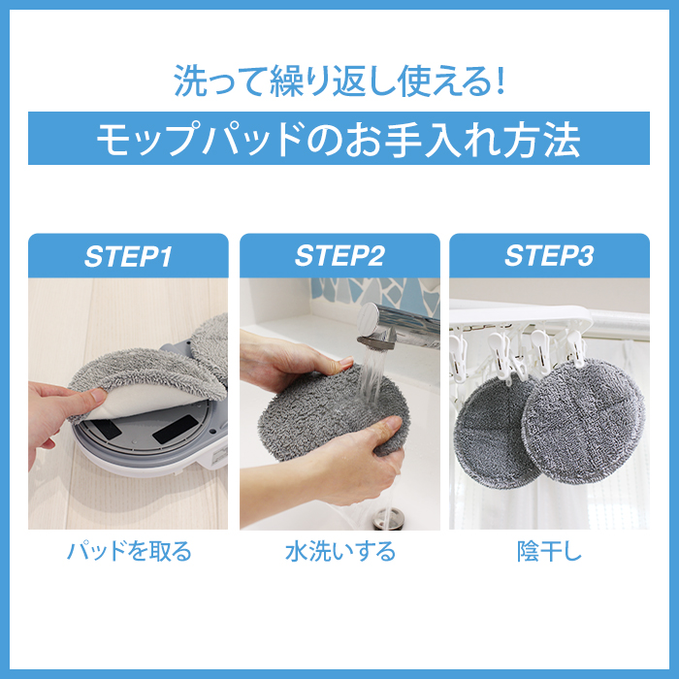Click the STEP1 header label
[x=128, y=256]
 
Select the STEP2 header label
[x=339, y=255]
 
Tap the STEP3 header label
[x=549, y=255]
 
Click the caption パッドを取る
[x=129, y=551]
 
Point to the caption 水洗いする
[x=340, y=551]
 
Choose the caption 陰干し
[x=549, y=551]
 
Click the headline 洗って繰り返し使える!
[x=339, y=81]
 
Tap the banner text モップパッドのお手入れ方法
[x=339, y=139]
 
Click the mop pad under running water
[x=333, y=411]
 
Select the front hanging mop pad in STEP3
[x=583, y=421]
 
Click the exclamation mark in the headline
[x=501, y=81]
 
